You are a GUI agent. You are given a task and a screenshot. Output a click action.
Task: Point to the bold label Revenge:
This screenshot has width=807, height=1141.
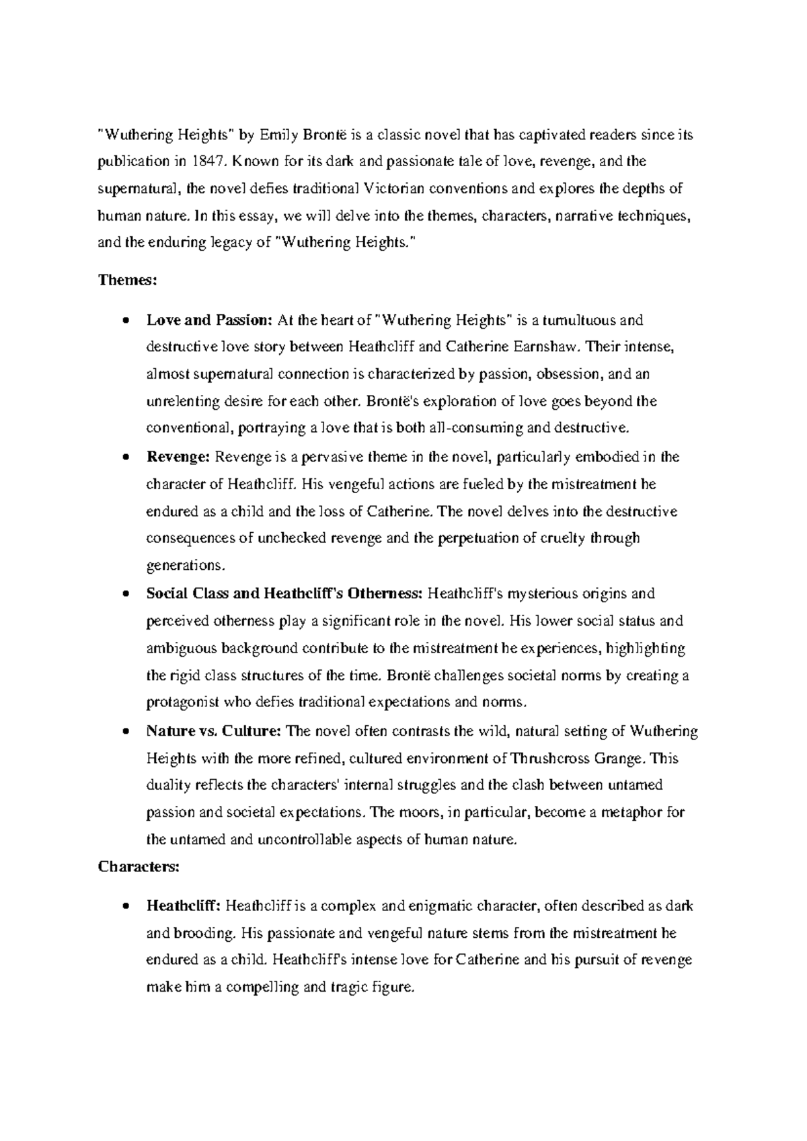pos(178,457)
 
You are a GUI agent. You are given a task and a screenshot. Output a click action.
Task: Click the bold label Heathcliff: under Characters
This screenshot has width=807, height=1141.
pos(183,906)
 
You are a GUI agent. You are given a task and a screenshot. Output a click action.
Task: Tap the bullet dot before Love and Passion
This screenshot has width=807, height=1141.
pos(125,321)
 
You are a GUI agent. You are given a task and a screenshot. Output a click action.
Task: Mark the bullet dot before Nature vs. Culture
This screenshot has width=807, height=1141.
pos(125,732)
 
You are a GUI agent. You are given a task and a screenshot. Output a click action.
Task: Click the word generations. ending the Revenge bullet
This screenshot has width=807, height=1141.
pos(182,565)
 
